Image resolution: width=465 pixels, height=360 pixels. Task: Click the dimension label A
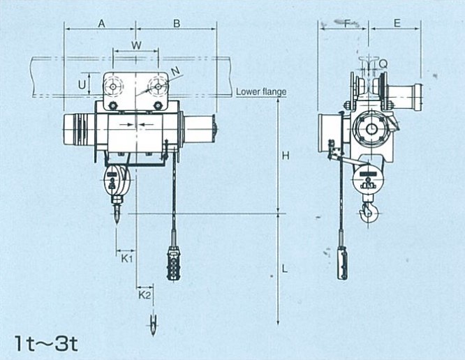click(102, 24)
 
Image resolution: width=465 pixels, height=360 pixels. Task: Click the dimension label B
click(177, 24)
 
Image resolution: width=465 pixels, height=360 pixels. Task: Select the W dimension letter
click(136, 45)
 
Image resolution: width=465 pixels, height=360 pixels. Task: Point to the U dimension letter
click(82, 84)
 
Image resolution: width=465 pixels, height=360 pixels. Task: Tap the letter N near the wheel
click(175, 70)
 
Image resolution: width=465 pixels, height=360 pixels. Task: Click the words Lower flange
click(261, 92)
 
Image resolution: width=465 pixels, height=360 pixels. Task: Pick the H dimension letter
click(286, 156)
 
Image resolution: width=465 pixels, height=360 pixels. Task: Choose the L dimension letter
click(285, 269)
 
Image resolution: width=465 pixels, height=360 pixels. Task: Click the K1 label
click(127, 259)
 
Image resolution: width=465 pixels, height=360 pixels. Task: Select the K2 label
click(145, 295)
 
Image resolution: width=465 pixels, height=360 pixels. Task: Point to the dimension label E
click(397, 23)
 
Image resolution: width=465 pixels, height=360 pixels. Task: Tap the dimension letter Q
click(383, 63)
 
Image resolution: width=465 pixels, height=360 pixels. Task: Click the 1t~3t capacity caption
click(47, 343)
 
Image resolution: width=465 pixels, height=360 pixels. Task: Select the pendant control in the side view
click(342, 263)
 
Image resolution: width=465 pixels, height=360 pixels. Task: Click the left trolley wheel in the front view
click(113, 87)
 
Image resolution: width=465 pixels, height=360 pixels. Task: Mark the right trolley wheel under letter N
click(158, 87)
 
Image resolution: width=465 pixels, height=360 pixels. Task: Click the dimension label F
click(347, 23)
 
